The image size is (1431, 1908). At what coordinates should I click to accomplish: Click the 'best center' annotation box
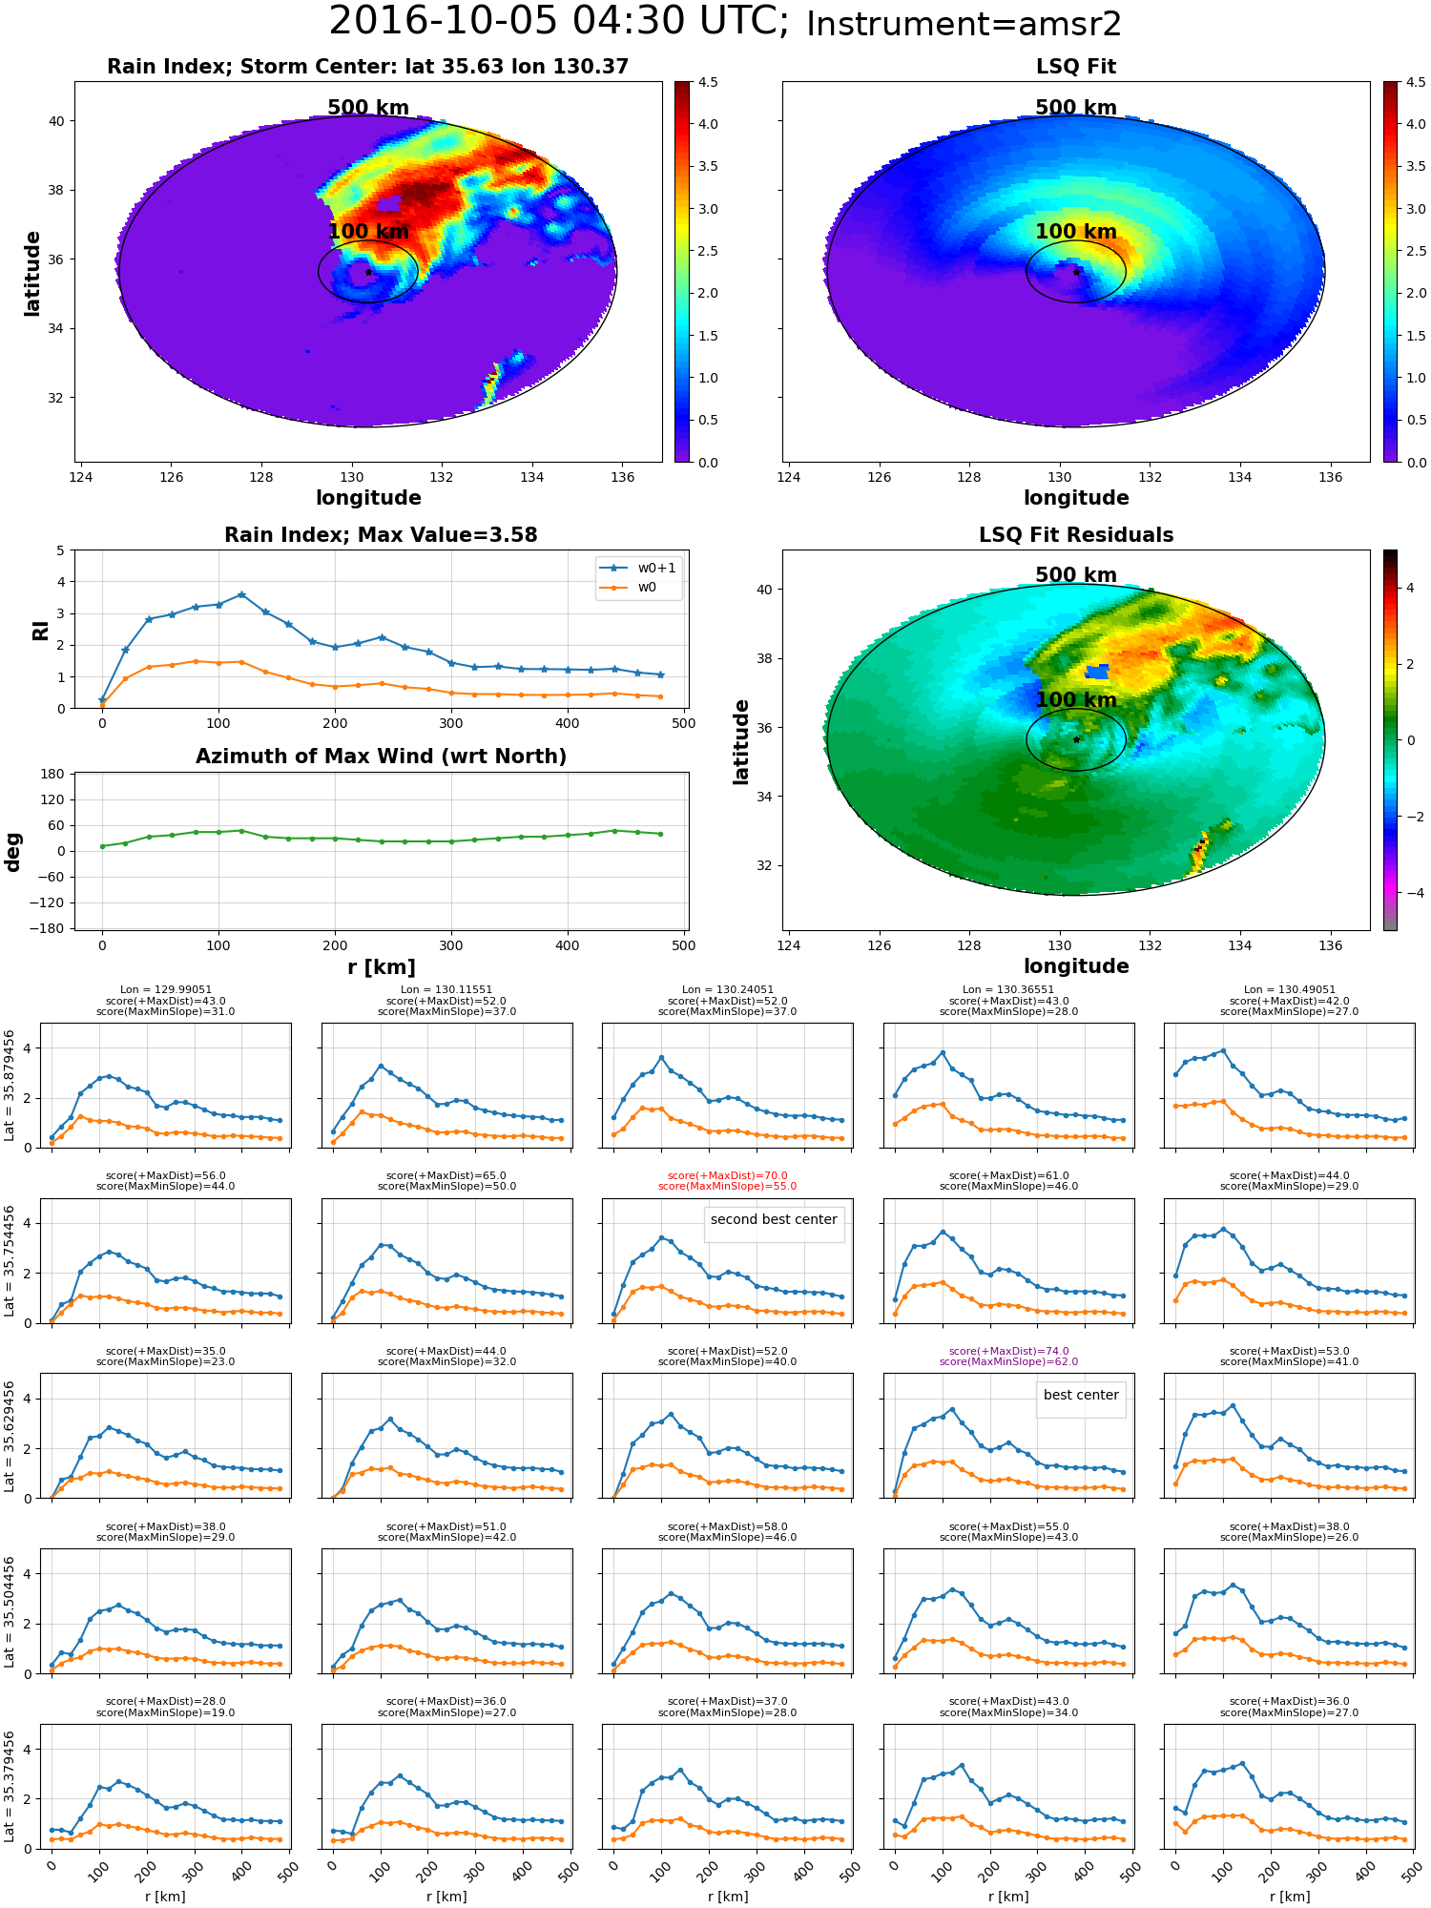[1080, 1395]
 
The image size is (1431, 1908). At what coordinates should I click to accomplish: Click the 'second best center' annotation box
[774, 1219]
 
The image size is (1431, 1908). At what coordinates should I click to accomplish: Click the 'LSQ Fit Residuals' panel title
[1075, 535]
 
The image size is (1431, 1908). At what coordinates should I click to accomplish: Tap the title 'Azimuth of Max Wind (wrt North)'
[381, 757]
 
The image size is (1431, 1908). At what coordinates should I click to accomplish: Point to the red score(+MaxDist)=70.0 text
[727, 1176]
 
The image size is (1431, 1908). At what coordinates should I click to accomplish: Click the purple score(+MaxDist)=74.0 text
[1008, 1351]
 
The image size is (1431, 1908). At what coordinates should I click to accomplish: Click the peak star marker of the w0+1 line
[241, 594]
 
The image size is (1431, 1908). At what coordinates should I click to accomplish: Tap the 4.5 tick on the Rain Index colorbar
[708, 83]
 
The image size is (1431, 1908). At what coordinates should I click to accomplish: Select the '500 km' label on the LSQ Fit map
[1075, 108]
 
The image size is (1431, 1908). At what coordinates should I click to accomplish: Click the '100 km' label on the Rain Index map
[368, 232]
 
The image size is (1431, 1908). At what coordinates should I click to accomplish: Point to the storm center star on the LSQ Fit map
[1076, 272]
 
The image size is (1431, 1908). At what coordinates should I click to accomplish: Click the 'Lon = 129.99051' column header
[166, 990]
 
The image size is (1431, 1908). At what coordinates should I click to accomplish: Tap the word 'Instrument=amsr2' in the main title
[964, 24]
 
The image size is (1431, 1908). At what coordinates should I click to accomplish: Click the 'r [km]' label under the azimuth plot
[381, 967]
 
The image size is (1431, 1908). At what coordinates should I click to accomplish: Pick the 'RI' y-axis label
[41, 630]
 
